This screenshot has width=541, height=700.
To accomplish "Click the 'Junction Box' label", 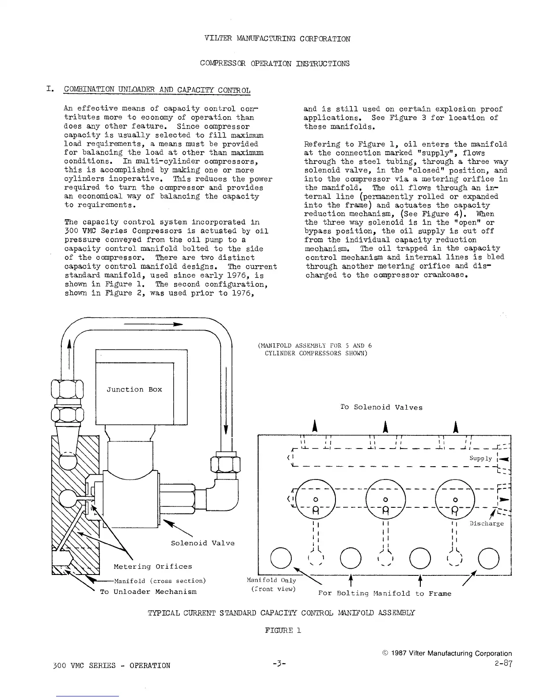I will click(x=134, y=389).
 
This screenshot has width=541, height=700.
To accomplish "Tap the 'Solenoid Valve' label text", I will click(x=202, y=543).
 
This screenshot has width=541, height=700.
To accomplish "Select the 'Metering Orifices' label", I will click(x=152, y=567).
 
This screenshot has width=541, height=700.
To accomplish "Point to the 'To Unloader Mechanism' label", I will click(x=148, y=592).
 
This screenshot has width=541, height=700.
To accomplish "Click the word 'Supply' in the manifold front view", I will click(x=480, y=458).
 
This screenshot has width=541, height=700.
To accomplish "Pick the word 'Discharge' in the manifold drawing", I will click(x=486, y=524).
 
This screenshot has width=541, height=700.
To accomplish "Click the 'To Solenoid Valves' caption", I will click(x=381, y=407).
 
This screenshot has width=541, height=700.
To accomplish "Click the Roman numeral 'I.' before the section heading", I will click(x=50, y=90).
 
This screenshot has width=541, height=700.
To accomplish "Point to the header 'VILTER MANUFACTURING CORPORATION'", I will click(x=278, y=39).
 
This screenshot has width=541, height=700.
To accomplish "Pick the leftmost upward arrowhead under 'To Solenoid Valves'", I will click(x=315, y=426).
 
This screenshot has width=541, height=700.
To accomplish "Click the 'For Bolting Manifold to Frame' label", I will click(x=385, y=593).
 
